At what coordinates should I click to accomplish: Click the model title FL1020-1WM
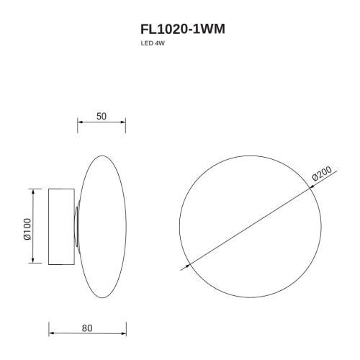[183, 30]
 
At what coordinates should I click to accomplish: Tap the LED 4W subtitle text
[153, 43]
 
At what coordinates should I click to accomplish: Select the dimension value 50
[102, 117]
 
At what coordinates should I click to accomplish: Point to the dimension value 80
[87, 328]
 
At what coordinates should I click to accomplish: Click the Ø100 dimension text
[27, 229]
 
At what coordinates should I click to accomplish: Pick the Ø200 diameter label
[322, 174]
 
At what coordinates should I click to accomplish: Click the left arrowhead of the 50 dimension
[80, 122]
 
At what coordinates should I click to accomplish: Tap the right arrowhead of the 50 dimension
[123, 122]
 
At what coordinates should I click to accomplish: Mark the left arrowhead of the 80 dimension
[51, 333]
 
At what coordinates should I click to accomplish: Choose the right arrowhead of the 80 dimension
[124, 333]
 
